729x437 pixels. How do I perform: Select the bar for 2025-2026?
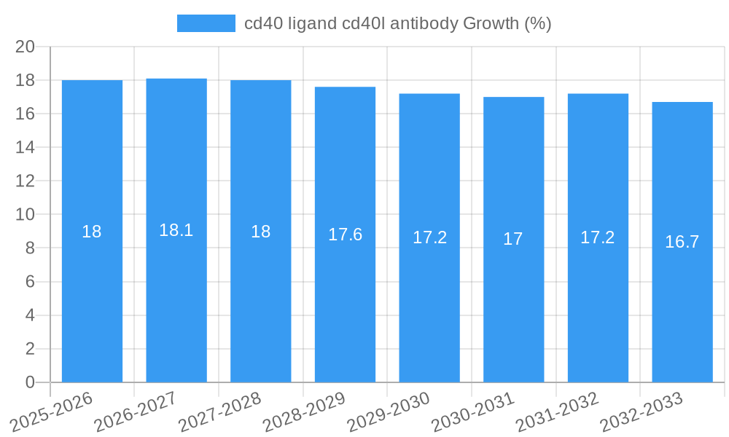[92, 231]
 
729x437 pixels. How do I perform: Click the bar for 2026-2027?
[176, 231]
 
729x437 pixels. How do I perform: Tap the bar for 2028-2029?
[345, 235]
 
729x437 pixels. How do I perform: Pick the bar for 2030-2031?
[513, 240]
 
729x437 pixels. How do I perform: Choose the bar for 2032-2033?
[682, 242]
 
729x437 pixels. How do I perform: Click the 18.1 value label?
[176, 230]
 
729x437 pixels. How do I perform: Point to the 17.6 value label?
[345, 235]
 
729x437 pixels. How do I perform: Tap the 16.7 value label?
[682, 242]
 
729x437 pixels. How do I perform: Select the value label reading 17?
[513, 239]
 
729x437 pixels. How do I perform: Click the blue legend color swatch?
[206, 23]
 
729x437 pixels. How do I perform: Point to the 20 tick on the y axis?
[26, 47]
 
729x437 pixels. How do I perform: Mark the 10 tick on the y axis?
[26, 215]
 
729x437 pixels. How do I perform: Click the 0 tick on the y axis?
[30, 382]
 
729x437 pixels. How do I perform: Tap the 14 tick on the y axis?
[26, 147]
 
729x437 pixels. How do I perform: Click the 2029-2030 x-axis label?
[389, 412]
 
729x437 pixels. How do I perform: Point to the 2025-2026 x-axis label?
[52, 412]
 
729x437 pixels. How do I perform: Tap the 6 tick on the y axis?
[30, 282]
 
